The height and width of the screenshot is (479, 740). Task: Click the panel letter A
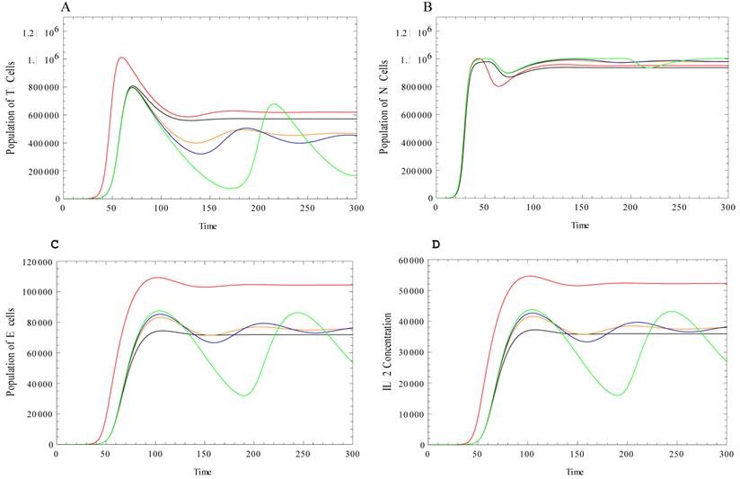pyautogui.click(x=65, y=7)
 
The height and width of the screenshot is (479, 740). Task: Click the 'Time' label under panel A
pyautogui.click(x=208, y=225)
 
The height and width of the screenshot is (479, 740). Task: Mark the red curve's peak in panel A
pyautogui.click(x=120, y=58)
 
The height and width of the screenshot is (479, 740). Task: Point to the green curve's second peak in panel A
pyautogui.click(x=274, y=104)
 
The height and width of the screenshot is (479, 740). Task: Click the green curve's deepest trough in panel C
pyautogui.click(x=244, y=395)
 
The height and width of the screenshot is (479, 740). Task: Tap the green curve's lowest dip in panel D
pyautogui.click(x=619, y=395)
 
